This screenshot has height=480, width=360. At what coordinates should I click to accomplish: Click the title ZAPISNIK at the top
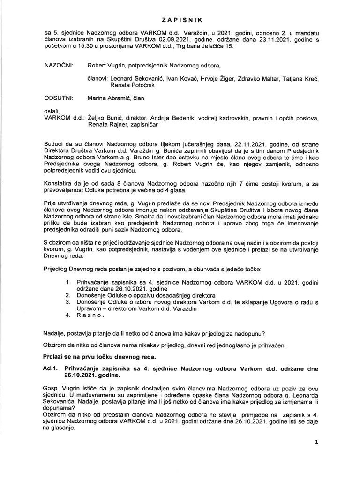(x=180, y=20)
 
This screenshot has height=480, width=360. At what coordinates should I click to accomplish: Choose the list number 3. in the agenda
(x=68, y=303)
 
